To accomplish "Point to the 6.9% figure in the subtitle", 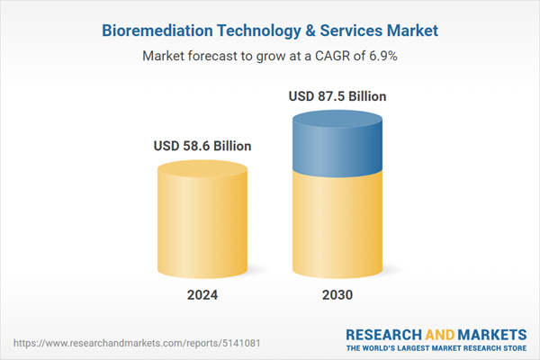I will [x=382, y=56].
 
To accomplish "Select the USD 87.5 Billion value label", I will [x=339, y=96].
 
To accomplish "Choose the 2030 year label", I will [x=339, y=295].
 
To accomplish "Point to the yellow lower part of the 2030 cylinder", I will [x=339, y=225].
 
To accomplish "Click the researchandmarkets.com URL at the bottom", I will [x=135, y=344].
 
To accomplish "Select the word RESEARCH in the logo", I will [x=382, y=332].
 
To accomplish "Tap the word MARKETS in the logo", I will [x=494, y=332].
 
